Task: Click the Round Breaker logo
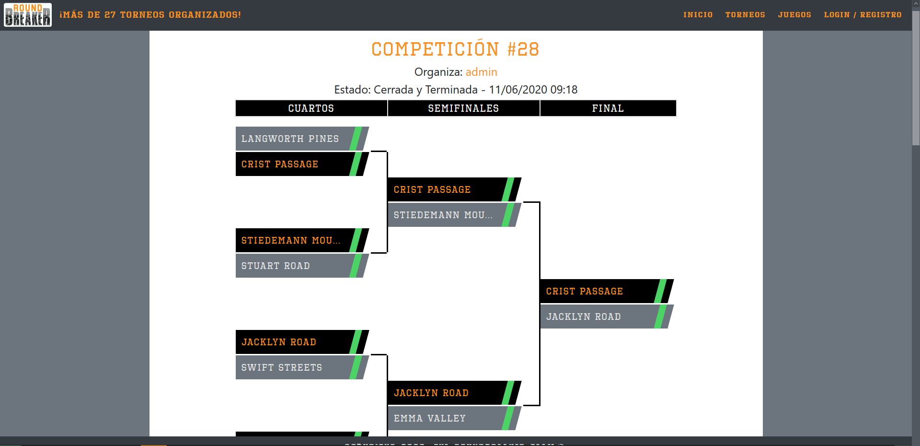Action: [28, 15]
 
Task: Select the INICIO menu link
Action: [698, 15]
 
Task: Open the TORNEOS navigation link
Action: [745, 15]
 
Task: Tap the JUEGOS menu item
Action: [794, 15]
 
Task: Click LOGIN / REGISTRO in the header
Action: [862, 15]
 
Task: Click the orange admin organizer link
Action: [481, 72]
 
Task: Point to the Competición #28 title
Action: [455, 49]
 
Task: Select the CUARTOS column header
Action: [311, 108]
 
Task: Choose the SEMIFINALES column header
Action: [463, 108]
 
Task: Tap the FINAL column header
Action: [608, 108]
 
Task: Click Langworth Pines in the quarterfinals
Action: [290, 139]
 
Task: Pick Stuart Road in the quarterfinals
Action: [276, 266]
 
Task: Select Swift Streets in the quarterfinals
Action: [282, 368]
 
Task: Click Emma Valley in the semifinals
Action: [430, 419]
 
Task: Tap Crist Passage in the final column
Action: [585, 292]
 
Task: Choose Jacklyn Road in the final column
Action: [584, 317]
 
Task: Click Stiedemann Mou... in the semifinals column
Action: [443, 215]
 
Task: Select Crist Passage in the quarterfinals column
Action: [280, 164]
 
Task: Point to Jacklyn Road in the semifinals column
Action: [431, 393]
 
